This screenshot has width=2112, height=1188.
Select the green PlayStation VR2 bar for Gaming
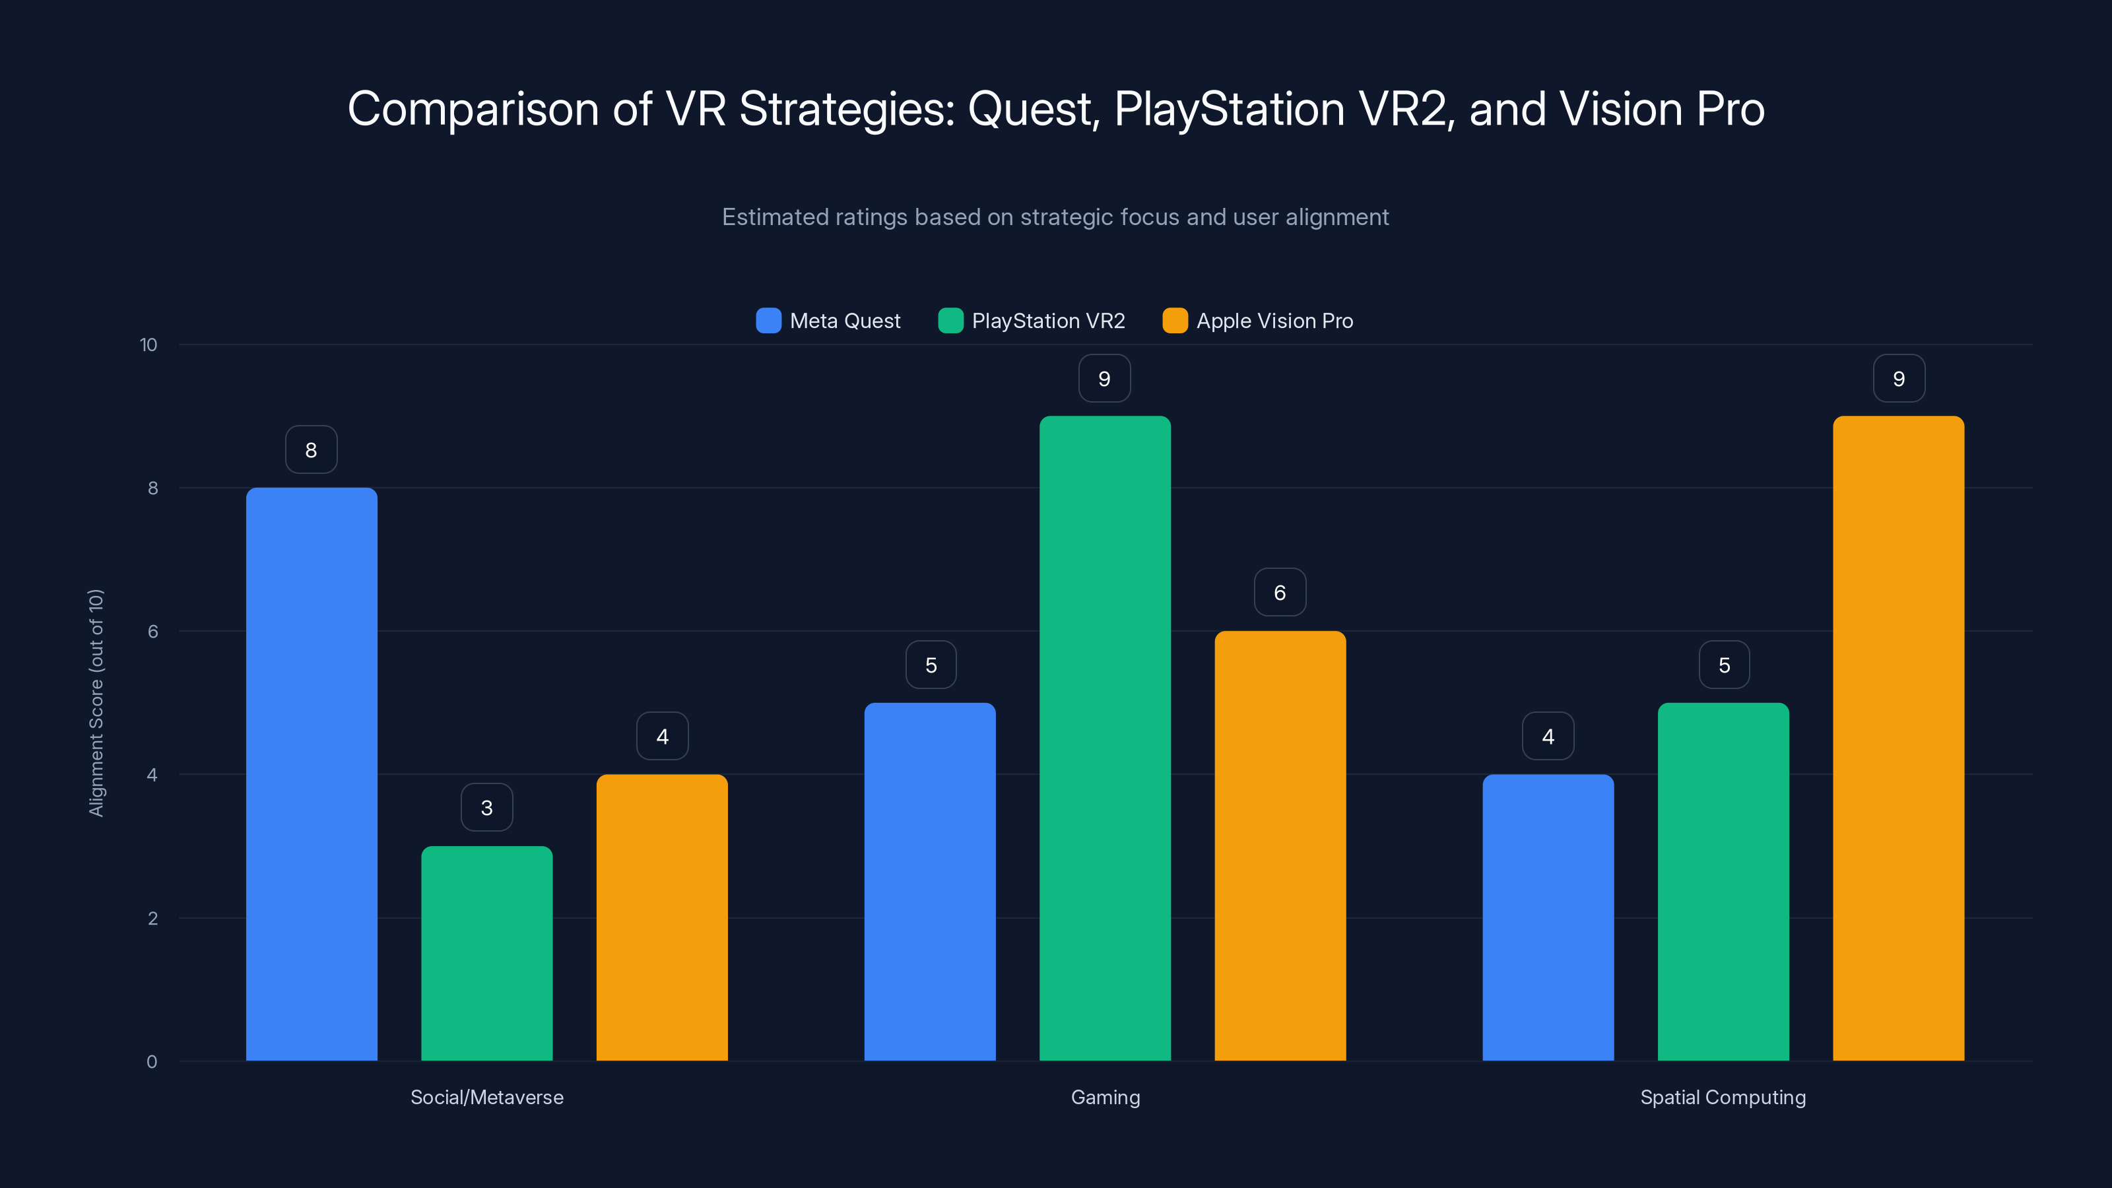coord(1104,738)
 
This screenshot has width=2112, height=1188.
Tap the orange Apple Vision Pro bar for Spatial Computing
coord(1898,738)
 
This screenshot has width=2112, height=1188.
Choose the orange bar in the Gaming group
coord(1280,845)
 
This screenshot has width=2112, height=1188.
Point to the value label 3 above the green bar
coord(486,808)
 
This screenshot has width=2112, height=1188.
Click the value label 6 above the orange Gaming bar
coord(1280,592)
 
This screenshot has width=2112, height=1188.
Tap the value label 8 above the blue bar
coord(311,449)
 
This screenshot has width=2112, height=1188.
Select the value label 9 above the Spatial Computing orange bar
coord(1899,378)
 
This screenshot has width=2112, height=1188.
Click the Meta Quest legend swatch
coord(768,321)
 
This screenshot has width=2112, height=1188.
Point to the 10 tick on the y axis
coord(148,345)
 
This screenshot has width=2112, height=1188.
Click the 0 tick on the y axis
coord(152,1062)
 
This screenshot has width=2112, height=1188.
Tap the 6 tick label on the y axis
coord(152,632)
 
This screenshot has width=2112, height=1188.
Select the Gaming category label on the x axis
coord(1105,1097)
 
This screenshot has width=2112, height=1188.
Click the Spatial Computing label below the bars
coord(1723,1097)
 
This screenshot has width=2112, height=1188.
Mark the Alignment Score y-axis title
coord(96,703)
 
